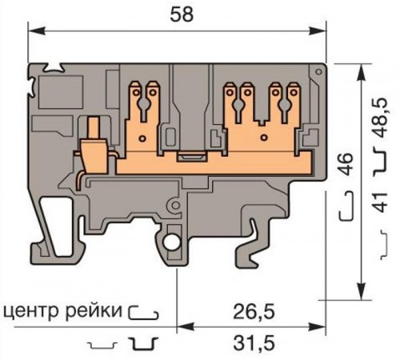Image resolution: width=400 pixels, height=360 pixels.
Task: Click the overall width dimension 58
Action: coord(179,14)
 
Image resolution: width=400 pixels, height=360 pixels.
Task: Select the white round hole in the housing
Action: coord(172,242)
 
